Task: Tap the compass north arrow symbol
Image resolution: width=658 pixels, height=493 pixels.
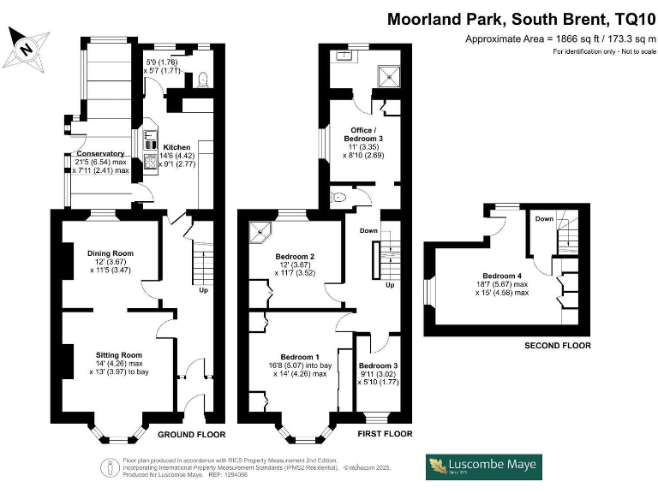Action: (27, 48)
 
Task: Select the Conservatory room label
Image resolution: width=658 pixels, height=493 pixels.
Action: (99, 154)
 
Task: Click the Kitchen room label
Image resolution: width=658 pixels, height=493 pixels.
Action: (176, 146)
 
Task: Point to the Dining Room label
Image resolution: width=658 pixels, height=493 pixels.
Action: (110, 253)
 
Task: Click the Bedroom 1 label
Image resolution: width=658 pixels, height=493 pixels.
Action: (299, 356)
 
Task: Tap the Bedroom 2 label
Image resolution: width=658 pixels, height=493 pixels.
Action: (295, 257)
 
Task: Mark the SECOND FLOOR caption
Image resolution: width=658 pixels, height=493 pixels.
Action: (558, 346)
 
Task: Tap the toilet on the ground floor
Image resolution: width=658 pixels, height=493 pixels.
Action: (201, 80)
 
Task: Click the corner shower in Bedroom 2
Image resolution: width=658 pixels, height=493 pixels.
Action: (259, 233)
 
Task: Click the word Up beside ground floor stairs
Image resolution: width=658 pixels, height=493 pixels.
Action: (203, 290)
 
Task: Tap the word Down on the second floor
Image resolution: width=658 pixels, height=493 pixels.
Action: (544, 218)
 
